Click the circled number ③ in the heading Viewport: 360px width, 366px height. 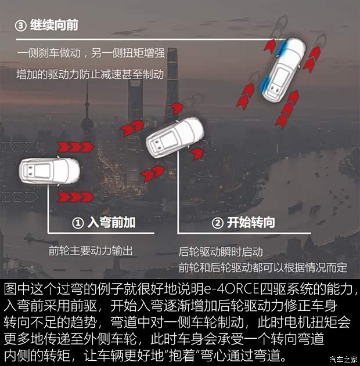[21, 26]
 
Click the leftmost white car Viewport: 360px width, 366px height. [50, 171]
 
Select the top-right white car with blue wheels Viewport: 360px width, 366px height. [285, 68]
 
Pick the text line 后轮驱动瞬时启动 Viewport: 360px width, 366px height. [221, 252]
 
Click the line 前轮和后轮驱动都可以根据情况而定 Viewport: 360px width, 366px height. [262, 267]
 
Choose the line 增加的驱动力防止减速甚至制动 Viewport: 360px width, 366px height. [91, 74]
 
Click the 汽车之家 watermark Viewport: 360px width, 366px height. [344, 359]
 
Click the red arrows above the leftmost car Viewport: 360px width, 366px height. [74, 146]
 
